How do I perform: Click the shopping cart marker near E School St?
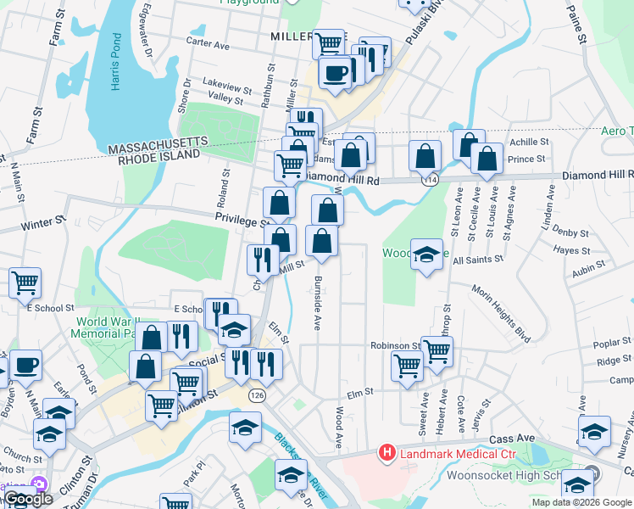point(25,282)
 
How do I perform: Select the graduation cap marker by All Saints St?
point(427,254)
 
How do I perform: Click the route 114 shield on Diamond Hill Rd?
point(431,180)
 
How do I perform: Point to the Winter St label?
point(43,226)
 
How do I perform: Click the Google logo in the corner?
point(28,499)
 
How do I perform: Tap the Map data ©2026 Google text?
point(581,502)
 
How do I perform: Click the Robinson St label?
point(394,346)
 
